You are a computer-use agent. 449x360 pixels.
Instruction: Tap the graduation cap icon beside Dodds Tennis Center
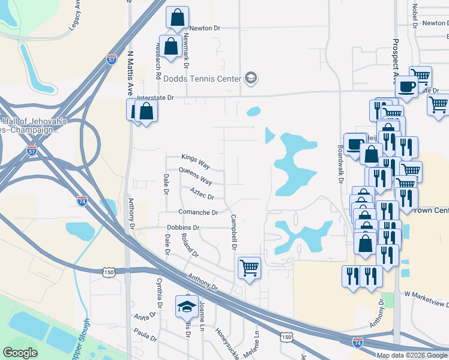click(251, 79)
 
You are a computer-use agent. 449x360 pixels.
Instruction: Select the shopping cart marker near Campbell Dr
click(249, 268)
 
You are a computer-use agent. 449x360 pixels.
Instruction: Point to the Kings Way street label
click(196, 157)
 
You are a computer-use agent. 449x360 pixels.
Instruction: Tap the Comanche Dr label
click(197, 212)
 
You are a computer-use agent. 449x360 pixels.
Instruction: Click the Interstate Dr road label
click(155, 97)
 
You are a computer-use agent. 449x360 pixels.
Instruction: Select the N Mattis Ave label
click(129, 73)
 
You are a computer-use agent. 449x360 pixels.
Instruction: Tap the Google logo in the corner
click(20, 353)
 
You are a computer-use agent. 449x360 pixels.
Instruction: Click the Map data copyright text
click(411, 355)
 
